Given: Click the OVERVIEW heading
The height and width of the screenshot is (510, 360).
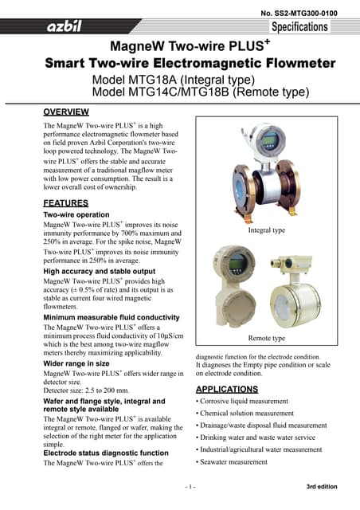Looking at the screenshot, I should pyautogui.click(x=66, y=112).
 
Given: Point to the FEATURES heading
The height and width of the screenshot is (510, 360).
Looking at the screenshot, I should pyautogui.click(x=65, y=203).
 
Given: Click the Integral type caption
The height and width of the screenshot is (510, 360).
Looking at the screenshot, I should pyautogui.click(x=267, y=229).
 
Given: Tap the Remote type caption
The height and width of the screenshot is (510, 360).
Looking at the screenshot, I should pyautogui.click(x=267, y=339).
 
